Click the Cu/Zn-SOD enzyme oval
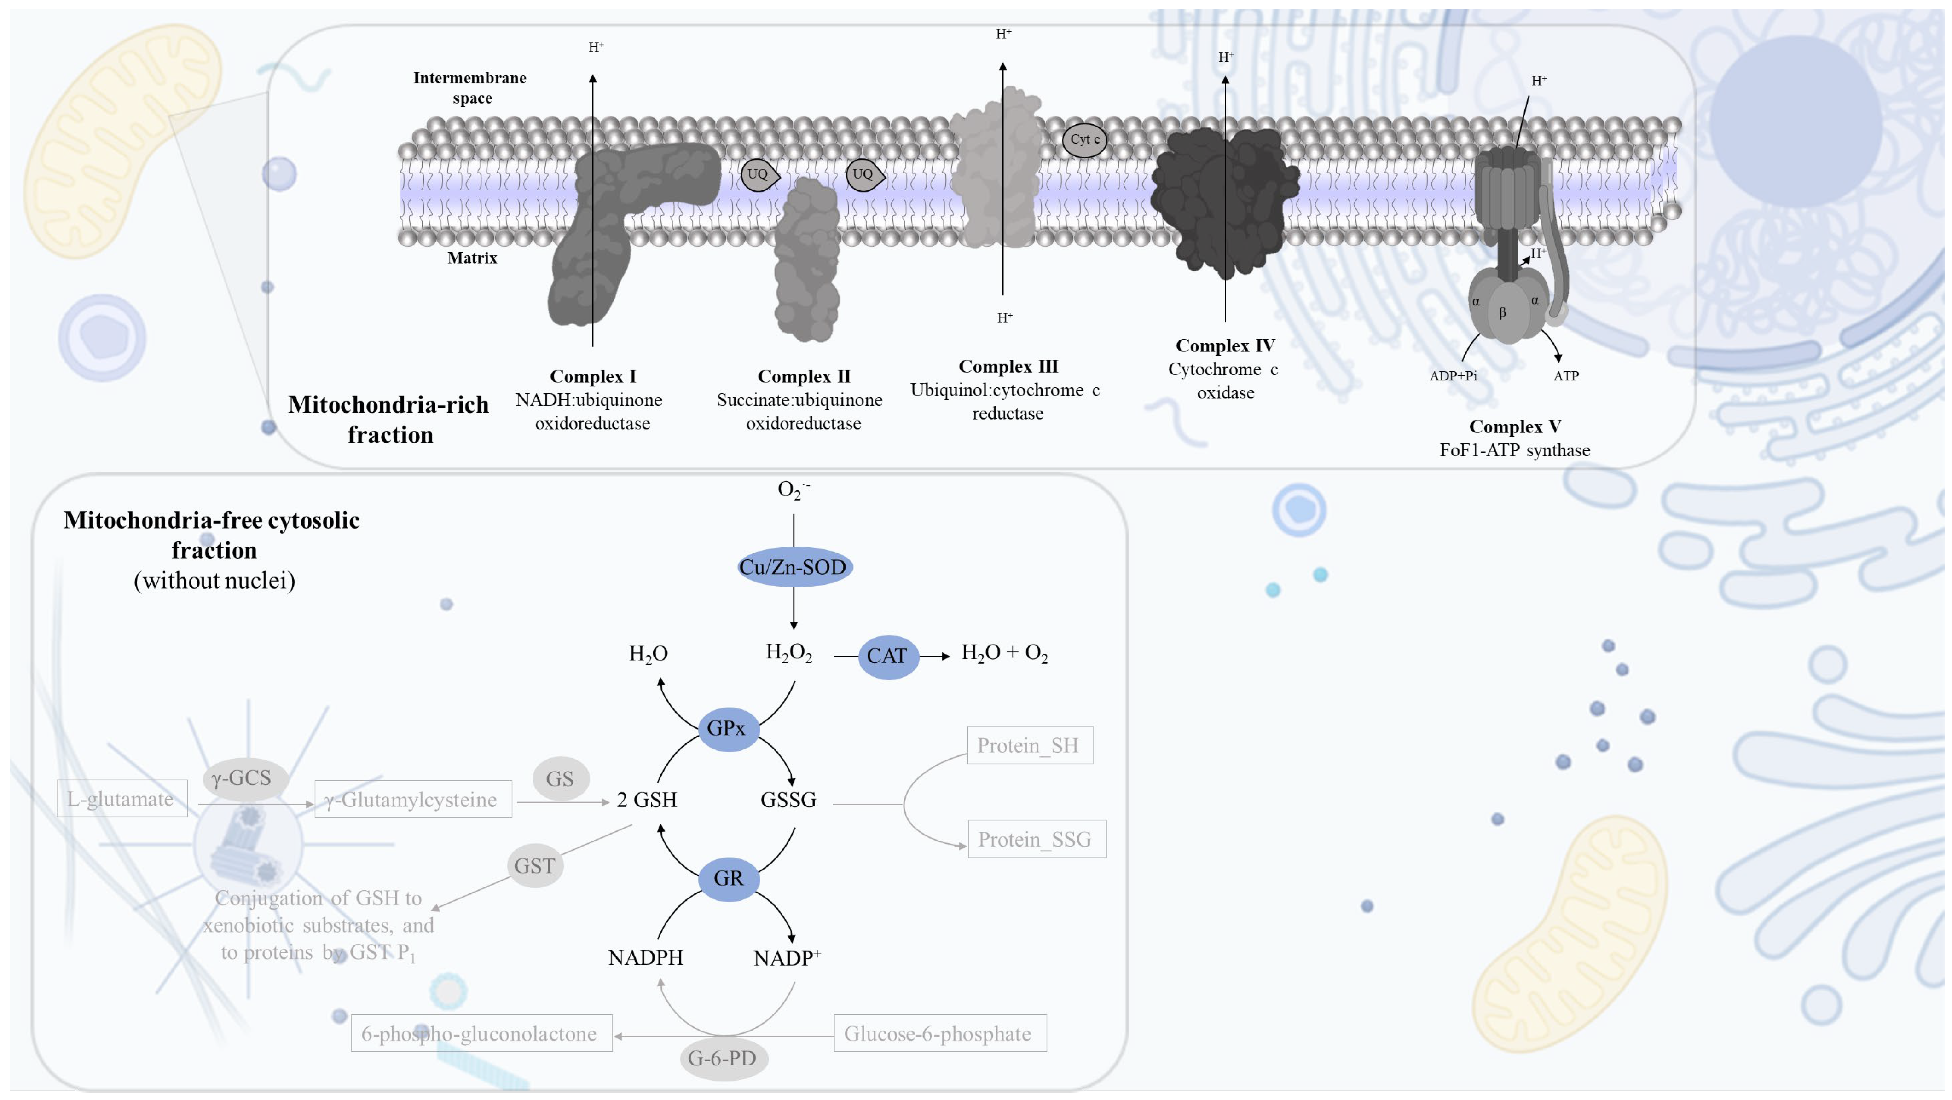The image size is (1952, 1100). [x=794, y=567]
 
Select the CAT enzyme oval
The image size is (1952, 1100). [x=887, y=656]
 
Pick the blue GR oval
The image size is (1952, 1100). [x=728, y=878]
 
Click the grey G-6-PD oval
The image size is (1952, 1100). [x=723, y=1058]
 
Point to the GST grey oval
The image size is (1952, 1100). [x=535, y=865]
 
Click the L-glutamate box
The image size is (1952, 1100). [x=121, y=799]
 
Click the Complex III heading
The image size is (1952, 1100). [x=1008, y=367]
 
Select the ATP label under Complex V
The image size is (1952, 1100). [x=1565, y=376]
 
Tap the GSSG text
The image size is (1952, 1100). [x=788, y=800]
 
